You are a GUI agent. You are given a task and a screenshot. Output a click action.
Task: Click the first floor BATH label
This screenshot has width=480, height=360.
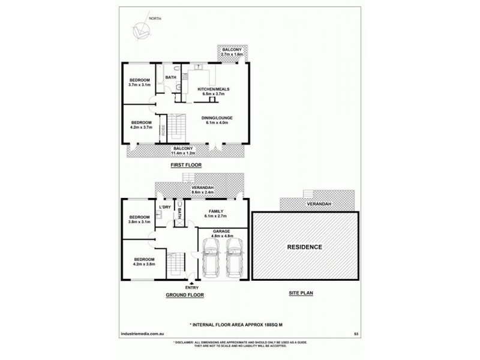[171, 77]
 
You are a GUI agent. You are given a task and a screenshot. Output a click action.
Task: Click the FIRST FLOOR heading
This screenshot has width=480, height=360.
[186, 164]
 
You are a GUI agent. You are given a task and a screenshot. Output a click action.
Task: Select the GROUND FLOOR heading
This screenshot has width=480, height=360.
[184, 295]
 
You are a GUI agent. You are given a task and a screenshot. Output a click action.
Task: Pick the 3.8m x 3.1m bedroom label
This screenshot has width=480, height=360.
[139, 219]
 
